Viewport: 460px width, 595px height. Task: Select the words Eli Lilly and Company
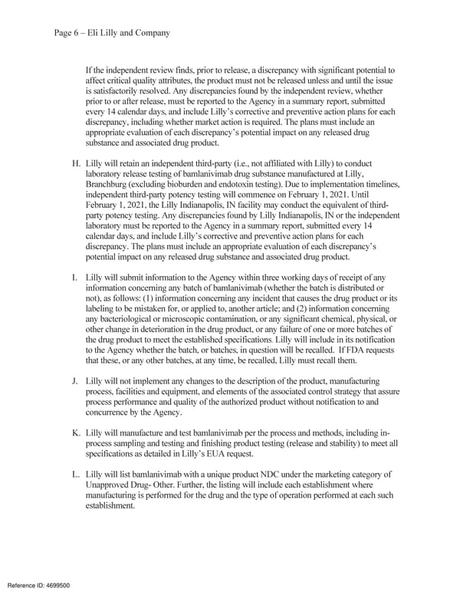[133, 33]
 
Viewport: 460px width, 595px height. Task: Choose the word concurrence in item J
[111, 412]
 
